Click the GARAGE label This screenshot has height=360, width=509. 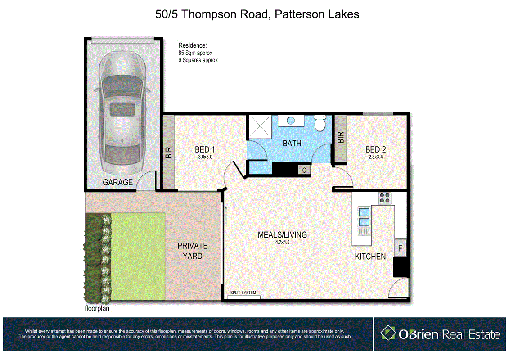118,182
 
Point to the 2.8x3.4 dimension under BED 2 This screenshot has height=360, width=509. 375,157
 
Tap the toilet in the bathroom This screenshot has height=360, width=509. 320,123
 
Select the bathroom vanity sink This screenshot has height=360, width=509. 291,121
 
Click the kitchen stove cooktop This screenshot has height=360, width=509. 385,198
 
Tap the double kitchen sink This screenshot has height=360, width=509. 364,217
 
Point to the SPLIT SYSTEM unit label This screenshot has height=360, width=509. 243,293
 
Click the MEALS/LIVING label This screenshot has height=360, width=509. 282,235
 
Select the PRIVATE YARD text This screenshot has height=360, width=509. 192,251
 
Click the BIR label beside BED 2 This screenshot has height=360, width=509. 340,137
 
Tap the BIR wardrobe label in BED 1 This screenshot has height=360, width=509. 169,152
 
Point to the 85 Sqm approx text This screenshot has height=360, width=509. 195,53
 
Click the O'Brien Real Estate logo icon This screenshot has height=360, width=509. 388,333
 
